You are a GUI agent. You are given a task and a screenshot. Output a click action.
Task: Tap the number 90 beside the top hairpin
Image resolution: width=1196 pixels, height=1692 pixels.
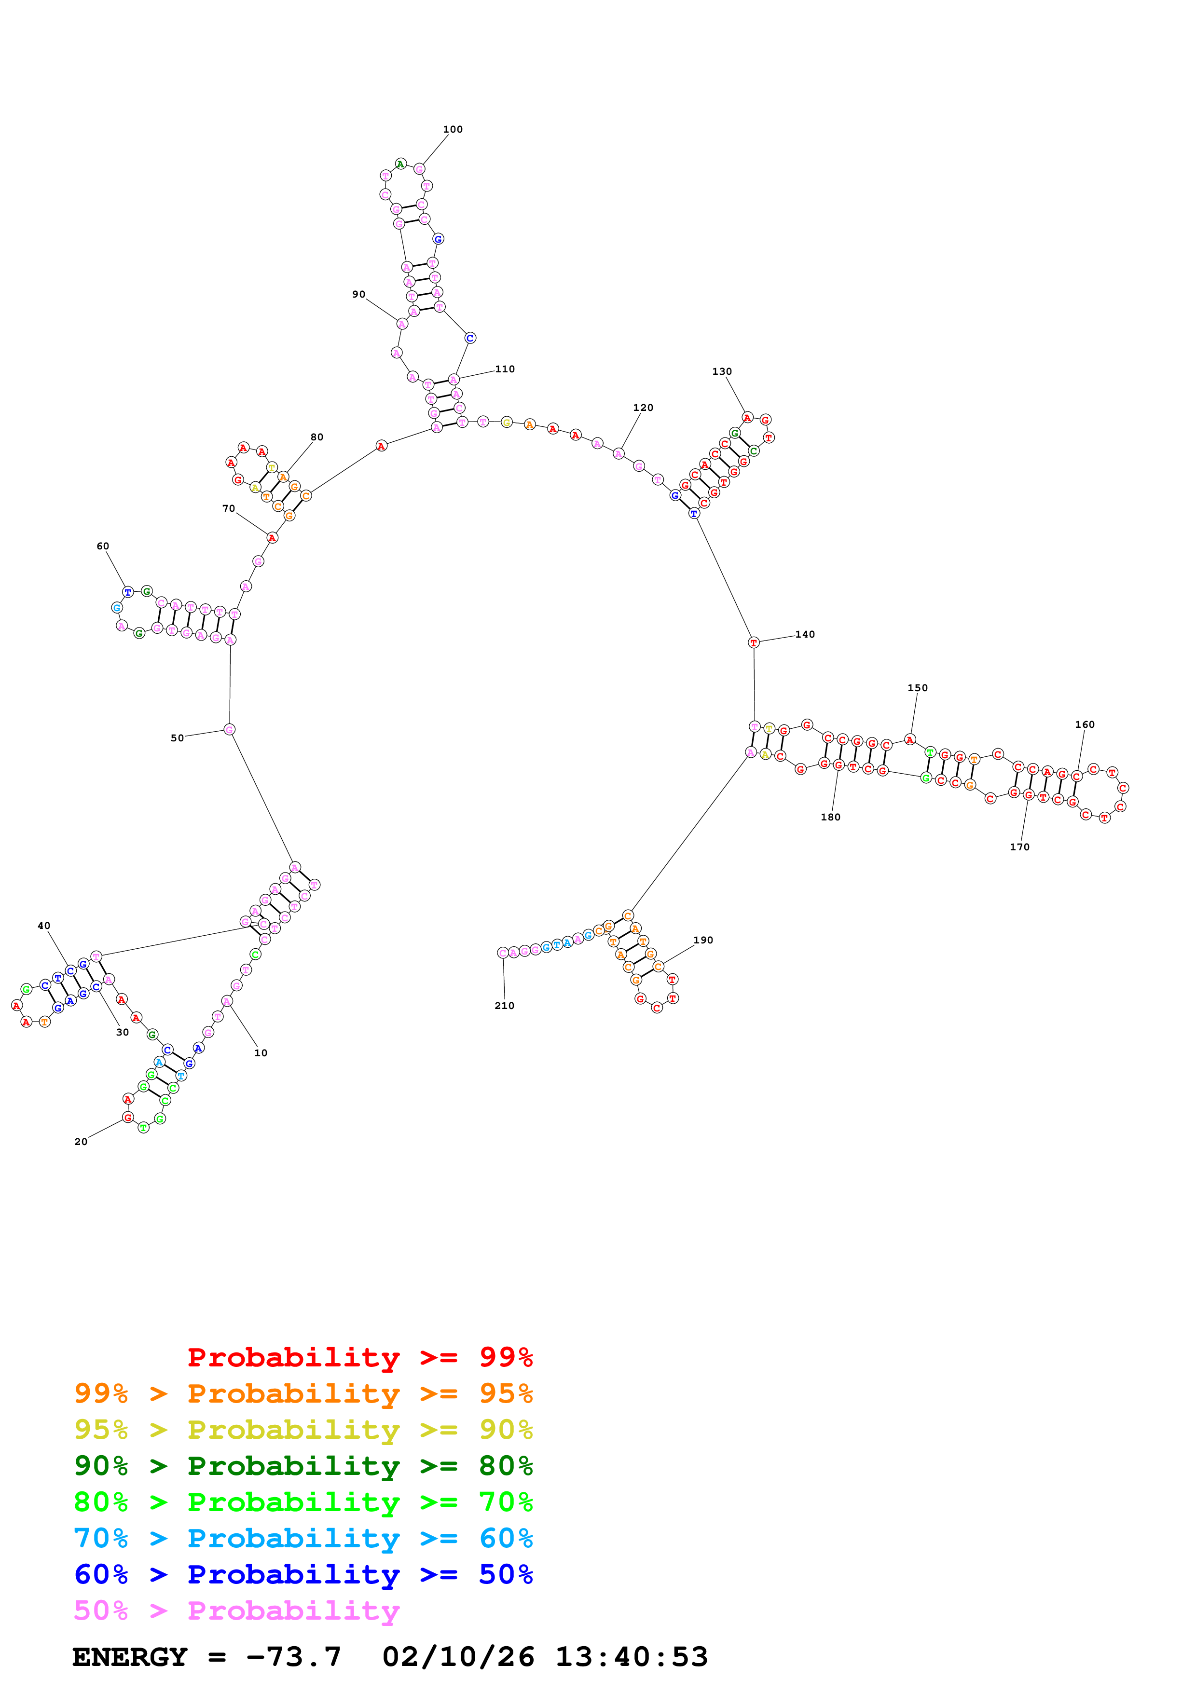click(359, 295)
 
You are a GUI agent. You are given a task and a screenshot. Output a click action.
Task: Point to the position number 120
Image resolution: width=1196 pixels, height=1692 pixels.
click(643, 408)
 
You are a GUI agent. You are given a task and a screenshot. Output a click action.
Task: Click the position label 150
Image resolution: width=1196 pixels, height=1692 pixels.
click(918, 688)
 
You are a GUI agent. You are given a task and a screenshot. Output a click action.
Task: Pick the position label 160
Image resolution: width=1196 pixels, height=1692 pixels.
click(1085, 725)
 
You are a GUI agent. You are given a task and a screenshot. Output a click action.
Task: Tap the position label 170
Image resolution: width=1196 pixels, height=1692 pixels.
click(1020, 847)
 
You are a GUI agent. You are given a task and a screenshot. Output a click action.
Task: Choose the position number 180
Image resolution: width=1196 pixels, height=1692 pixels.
click(830, 817)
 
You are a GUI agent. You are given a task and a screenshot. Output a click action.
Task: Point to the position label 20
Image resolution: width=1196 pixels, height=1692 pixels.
click(81, 1142)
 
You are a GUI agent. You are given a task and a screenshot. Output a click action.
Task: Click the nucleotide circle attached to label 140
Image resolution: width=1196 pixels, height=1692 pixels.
click(753, 642)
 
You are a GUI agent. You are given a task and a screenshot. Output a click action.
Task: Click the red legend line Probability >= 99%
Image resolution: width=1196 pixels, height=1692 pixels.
click(359, 1357)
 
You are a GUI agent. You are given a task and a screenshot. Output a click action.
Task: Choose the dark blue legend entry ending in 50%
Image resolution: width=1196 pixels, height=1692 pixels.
click(303, 1574)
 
